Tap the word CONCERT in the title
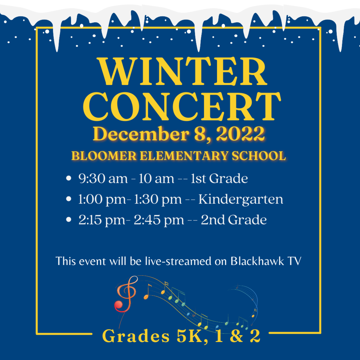182,107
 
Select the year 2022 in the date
240,134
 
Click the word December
141,134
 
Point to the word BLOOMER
104,156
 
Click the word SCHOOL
259,156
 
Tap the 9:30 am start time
103,178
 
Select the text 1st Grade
219,178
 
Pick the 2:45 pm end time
159,220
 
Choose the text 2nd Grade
234,220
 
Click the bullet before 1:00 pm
69,199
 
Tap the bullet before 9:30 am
69,178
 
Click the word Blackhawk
257,261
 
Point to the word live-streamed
178,261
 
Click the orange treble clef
126,296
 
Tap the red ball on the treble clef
119,305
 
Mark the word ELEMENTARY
184,156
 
